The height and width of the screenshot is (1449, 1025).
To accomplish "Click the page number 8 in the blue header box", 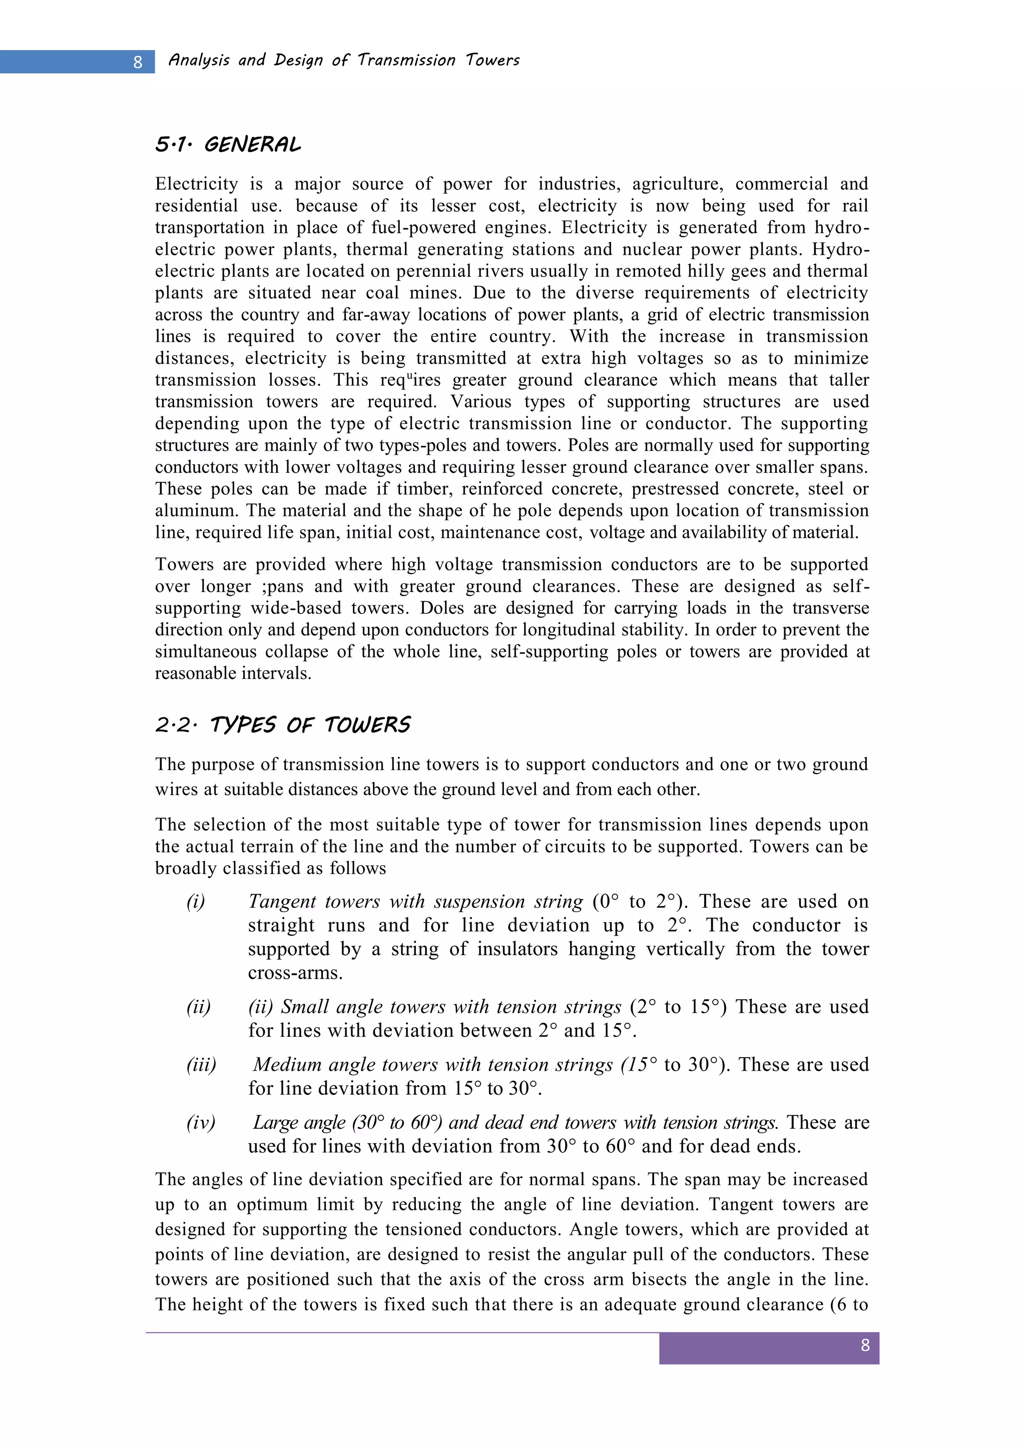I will tap(138, 63).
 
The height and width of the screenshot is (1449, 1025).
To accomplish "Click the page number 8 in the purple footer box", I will tap(865, 1345).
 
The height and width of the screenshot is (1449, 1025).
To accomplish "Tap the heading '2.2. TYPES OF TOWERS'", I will tap(283, 724).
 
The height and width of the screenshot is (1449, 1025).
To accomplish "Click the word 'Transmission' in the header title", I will tap(406, 60).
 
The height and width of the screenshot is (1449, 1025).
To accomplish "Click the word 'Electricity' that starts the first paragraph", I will tap(196, 184).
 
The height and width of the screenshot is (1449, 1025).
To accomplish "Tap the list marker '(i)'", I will tap(196, 901).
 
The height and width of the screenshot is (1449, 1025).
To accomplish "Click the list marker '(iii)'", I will tap(201, 1065).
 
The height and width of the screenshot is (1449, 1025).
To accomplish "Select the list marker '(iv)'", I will tap(201, 1123).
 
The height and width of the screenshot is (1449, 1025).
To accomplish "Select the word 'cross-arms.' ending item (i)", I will tap(295, 973).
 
